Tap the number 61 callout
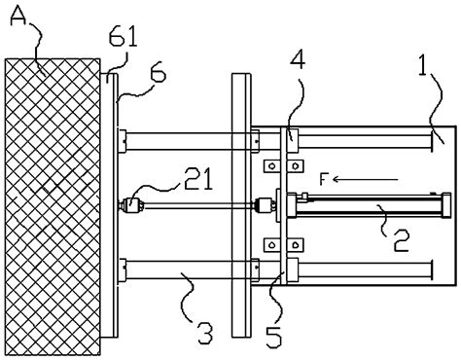[123, 37]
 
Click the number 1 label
[423, 66]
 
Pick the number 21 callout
[198, 178]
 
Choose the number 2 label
[401, 240]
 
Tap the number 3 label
[205, 333]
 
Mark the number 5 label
[274, 337]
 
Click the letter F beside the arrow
[323, 179]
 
